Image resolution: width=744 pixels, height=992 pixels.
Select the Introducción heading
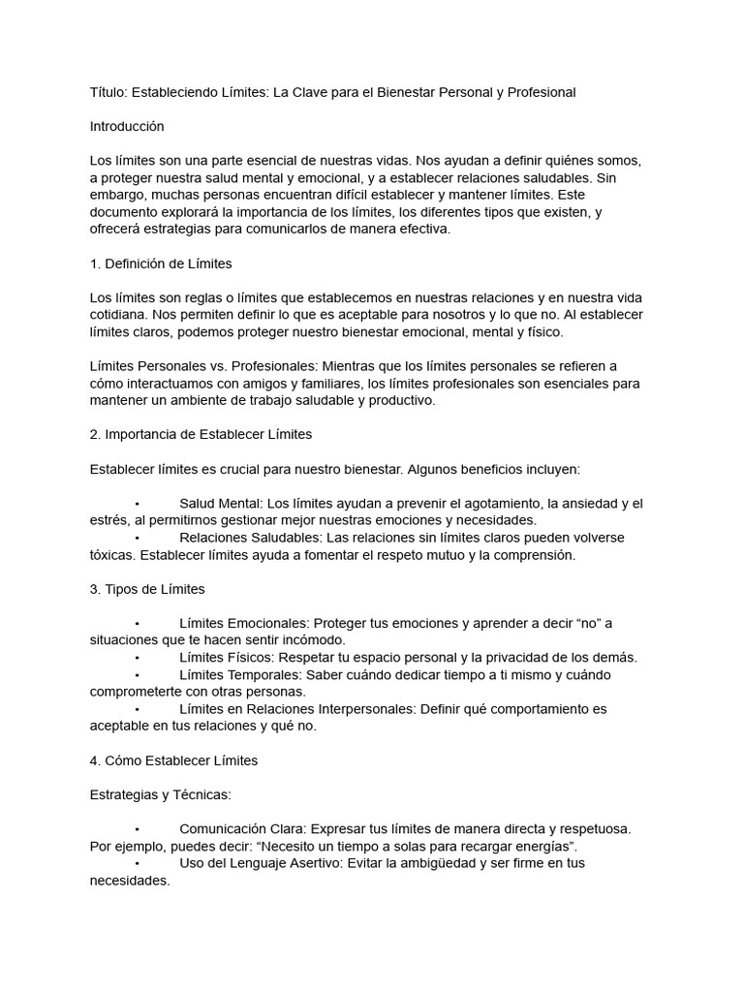coord(127,126)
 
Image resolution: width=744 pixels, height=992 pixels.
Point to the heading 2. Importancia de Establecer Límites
coord(201,434)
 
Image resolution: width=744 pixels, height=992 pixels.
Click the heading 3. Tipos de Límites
coord(147,588)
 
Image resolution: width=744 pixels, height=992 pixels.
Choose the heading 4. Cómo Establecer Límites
coord(173,760)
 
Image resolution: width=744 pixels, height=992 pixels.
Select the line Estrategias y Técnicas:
coord(160,794)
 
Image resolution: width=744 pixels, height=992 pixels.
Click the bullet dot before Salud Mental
coord(139,504)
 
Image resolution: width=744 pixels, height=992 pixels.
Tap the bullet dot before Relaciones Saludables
coord(139,538)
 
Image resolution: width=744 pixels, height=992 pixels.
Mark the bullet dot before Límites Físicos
coord(139,658)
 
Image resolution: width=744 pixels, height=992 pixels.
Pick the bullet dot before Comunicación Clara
coord(139,829)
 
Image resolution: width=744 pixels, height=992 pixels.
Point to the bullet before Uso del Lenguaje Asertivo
coord(139,863)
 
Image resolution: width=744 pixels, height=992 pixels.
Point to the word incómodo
coord(312,640)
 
